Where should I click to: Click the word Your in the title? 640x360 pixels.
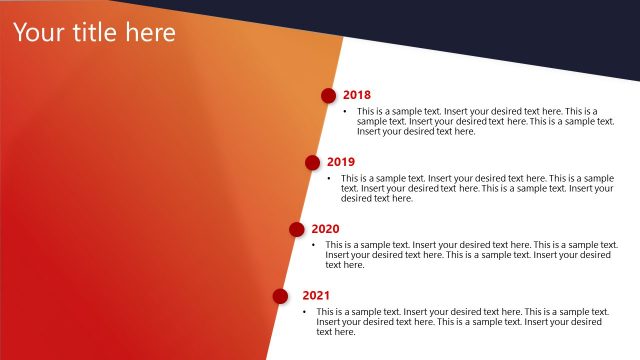[39, 33]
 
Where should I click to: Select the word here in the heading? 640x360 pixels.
[149, 33]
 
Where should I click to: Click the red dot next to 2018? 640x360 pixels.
[328, 95]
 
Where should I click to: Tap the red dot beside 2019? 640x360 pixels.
[312, 162]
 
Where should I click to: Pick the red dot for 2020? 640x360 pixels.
[297, 229]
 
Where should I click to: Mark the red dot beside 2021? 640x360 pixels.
[281, 296]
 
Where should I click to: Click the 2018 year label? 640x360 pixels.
[357, 95]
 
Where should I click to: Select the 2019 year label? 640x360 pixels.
[341, 162]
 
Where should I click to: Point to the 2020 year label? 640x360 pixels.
[325, 229]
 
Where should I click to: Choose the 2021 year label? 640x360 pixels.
[316, 296]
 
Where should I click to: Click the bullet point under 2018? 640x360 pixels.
[345, 111]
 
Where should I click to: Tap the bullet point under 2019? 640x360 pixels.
[329, 178]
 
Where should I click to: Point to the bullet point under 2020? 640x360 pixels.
[313, 245]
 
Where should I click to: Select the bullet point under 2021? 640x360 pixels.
[305, 312]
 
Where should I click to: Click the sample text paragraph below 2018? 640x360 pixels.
[485, 121]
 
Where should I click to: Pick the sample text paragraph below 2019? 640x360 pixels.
[476, 188]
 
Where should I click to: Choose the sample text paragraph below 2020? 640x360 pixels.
[470, 255]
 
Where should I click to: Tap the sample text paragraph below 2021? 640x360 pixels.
[460, 322]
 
